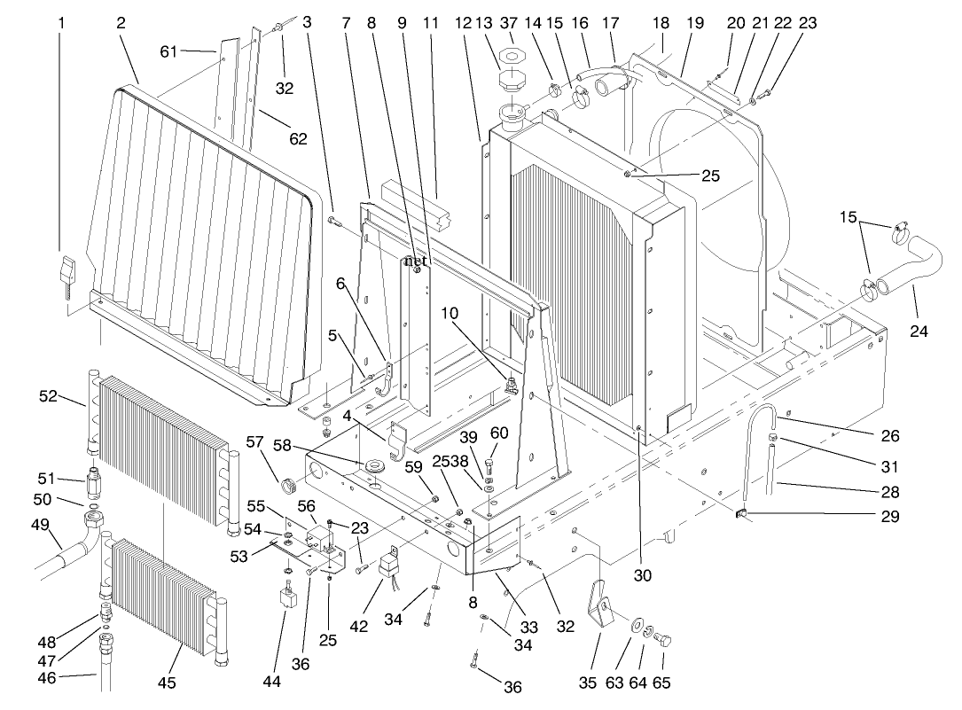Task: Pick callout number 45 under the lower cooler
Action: point(167,683)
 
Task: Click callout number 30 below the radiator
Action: point(642,575)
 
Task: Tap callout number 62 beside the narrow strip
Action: point(298,138)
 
